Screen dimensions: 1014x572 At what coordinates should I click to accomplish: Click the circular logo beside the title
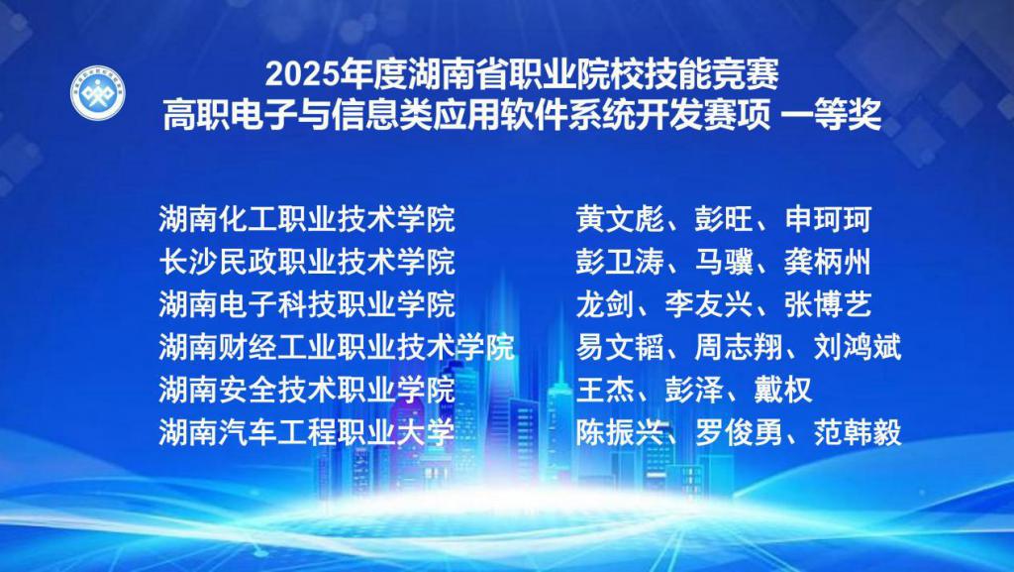point(98,92)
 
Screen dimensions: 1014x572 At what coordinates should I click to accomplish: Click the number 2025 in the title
point(303,75)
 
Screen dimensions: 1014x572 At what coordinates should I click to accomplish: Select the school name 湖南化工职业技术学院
point(307,219)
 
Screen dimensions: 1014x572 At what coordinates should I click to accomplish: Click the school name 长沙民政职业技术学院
point(307,262)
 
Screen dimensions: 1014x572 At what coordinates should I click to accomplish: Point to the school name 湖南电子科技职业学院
point(307,304)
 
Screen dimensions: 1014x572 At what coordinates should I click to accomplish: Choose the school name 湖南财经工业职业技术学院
point(337,347)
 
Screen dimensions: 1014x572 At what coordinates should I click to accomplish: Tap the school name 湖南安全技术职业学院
point(307,390)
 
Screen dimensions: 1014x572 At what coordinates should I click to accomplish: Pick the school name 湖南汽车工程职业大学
point(307,432)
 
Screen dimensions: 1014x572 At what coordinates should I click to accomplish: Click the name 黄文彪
point(620,219)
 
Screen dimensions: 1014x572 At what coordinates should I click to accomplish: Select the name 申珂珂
point(828,219)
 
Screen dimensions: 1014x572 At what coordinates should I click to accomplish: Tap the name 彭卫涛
point(620,262)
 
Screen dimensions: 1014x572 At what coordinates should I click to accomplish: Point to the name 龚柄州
point(828,262)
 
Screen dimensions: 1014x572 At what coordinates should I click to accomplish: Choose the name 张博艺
point(828,304)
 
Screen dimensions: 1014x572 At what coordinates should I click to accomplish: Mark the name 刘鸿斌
point(858,347)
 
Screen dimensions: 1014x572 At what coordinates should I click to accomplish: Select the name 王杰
point(605,390)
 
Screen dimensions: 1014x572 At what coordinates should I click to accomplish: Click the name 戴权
point(783,390)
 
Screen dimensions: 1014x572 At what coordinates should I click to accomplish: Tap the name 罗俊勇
point(739,432)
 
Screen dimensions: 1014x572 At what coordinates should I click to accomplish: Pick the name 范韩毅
point(858,432)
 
